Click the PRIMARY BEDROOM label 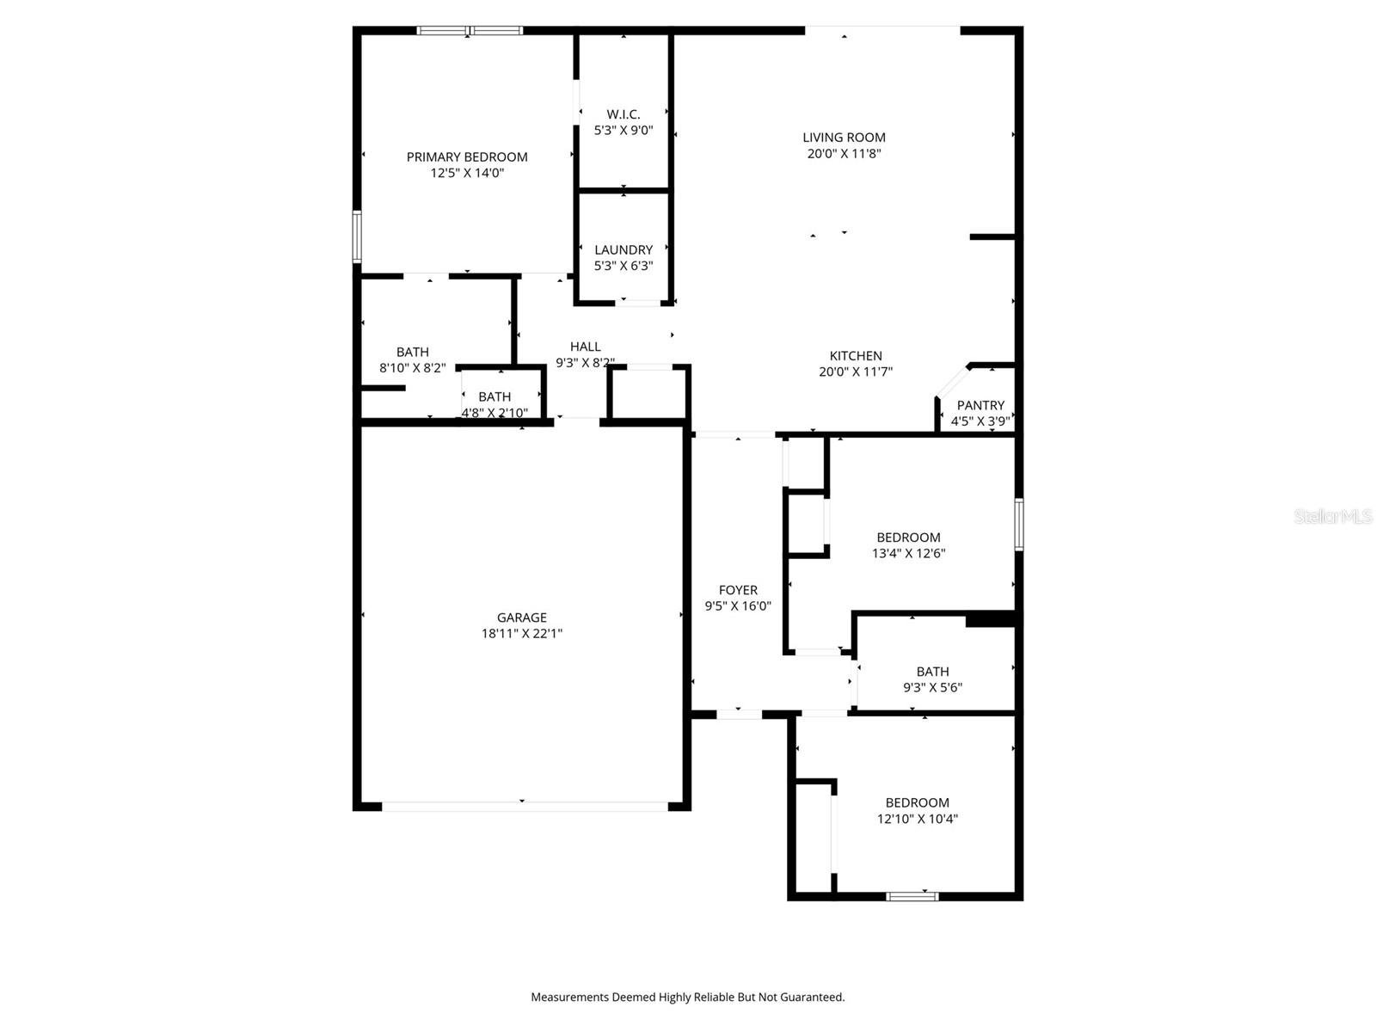coord(467,157)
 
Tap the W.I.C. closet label coord(623,114)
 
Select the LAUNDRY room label coord(623,249)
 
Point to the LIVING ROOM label coord(844,137)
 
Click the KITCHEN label coord(856,355)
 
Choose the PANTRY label coord(980,405)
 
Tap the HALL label coord(585,347)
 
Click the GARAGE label coord(521,617)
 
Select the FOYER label coord(738,590)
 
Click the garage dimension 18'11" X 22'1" coord(521,634)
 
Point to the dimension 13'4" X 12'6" coord(908,554)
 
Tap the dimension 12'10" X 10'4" coord(917,819)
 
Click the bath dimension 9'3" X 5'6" coord(932,687)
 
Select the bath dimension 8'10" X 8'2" coord(412,368)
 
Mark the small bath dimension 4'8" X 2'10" coord(494,413)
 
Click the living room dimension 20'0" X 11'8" coord(844,154)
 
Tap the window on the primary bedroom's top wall coord(470,31)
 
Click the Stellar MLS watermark coord(1333,517)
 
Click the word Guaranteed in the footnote coord(812,998)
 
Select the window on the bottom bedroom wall coord(912,896)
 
